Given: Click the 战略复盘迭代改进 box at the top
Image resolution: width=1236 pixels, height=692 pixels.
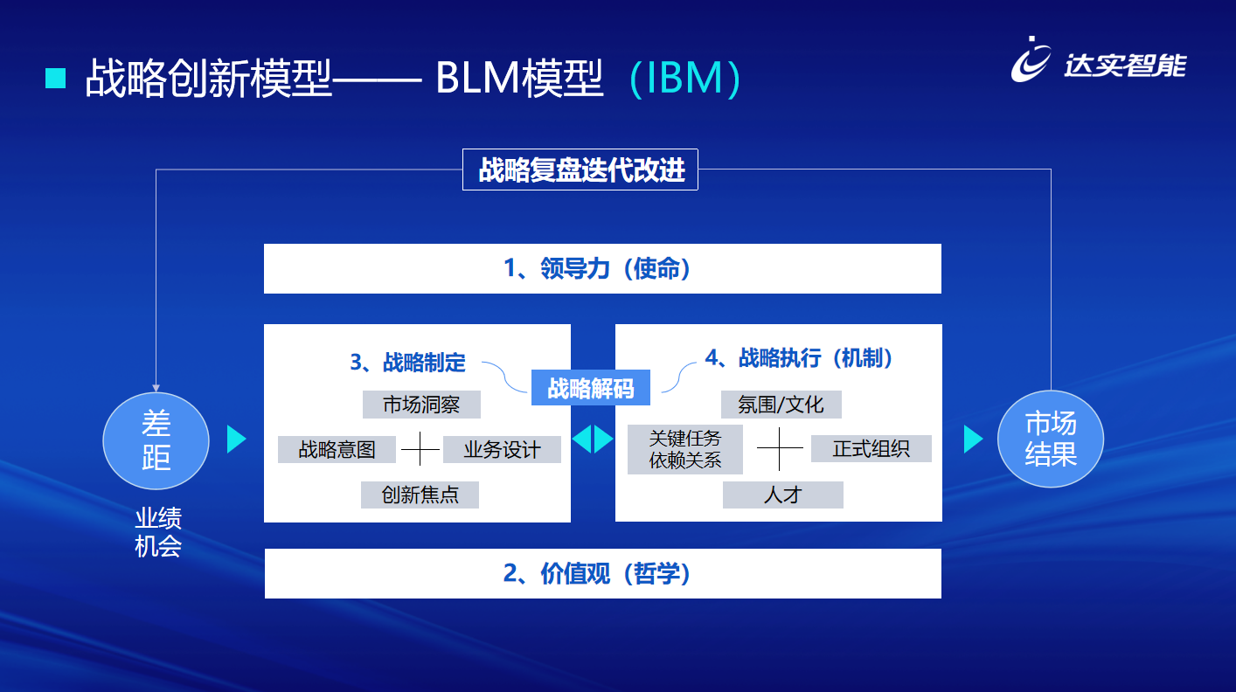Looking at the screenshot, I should click(580, 170).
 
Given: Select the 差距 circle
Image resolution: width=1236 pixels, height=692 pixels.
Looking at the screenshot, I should click(156, 440).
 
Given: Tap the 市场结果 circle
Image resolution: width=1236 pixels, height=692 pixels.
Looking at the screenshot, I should click(1050, 439).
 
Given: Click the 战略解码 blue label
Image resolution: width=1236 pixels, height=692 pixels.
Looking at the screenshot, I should click(591, 388).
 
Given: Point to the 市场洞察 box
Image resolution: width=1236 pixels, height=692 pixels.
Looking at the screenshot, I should click(421, 405).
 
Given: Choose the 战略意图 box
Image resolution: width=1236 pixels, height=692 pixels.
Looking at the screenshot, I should click(337, 449).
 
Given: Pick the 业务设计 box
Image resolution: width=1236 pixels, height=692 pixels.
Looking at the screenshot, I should click(502, 449).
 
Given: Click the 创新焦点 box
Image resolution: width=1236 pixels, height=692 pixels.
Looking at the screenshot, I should click(420, 495).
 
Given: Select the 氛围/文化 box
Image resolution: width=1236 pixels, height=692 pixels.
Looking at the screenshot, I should click(781, 405).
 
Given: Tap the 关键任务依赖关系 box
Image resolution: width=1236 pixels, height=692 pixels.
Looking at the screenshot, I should click(685, 449).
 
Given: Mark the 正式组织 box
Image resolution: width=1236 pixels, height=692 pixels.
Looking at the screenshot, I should click(871, 449).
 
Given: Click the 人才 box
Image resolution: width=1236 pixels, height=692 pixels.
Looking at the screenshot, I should click(782, 495).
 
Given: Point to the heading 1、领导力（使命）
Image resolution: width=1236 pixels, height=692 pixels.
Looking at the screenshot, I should click(602, 269).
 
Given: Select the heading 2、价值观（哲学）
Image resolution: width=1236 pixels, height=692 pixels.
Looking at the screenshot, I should click(602, 574).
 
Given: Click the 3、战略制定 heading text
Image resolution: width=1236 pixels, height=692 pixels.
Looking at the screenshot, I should click(408, 362).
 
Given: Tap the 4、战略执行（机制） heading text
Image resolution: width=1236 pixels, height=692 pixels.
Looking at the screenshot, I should click(799, 358).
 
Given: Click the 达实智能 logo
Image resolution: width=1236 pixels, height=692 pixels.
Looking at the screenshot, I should click(1099, 61).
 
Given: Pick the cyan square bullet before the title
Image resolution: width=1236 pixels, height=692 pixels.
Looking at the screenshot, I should click(56, 79).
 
